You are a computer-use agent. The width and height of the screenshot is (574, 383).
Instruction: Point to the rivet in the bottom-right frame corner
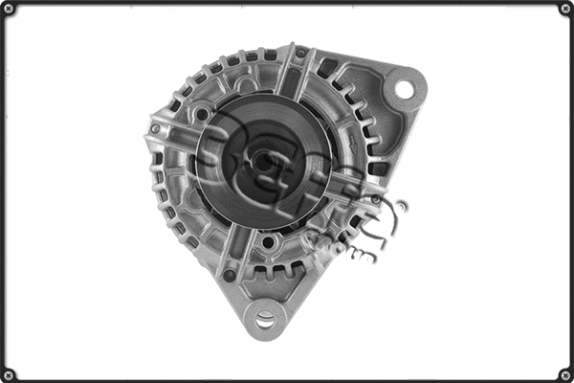coord(564,373)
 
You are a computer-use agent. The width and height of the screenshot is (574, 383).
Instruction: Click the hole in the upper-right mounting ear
coord(404,90)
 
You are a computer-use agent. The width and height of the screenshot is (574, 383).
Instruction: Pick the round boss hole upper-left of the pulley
coord(203,115)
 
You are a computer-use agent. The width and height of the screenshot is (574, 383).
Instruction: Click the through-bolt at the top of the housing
coord(300,54)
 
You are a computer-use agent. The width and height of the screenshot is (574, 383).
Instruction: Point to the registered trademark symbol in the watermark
coord(400,206)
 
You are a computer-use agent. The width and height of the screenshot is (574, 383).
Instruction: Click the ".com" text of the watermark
coord(359,251)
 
